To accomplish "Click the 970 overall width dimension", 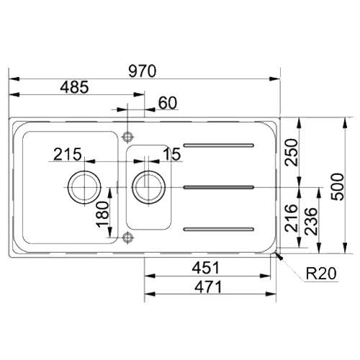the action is click(x=143, y=71).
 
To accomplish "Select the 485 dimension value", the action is click(x=74, y=87).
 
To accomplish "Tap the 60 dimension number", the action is click(x=168, y=103).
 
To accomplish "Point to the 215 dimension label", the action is click(x=68, y=154).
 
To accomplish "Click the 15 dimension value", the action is click(x=172, y=154).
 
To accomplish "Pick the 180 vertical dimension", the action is click(x=102, y=215).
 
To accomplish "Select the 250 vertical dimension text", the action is click(x=291, y=152).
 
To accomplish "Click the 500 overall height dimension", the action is click(x=337, y=186).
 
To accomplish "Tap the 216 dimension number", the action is click(x=291, y=218).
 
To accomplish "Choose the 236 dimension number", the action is click(x=311, y=221).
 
